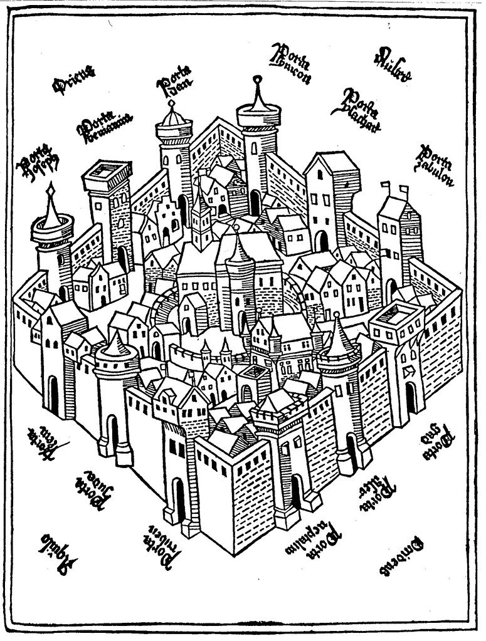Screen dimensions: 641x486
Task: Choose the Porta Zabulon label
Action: pos(434,165)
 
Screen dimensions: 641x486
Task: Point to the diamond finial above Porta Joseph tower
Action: pos(51,185)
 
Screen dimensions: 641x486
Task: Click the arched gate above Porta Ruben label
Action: pos(178,498)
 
